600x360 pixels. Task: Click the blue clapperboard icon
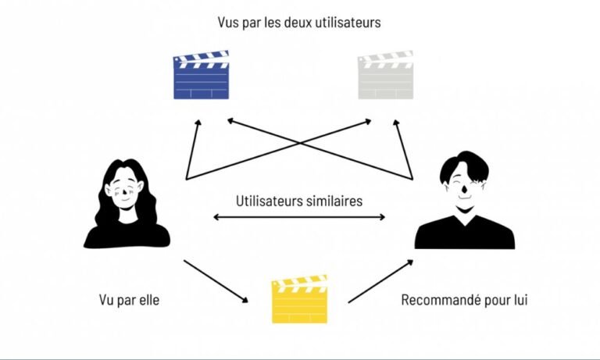click(x=201, y=77)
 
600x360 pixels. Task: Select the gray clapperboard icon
click(x=384, y=76)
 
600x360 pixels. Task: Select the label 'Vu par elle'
click(x=129, y=300)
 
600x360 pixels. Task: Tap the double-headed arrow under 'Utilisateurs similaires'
click(x=299, y=216)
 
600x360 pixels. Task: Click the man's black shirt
click(x=464, y=234)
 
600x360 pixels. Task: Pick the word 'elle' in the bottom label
click(x=148, y=300)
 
